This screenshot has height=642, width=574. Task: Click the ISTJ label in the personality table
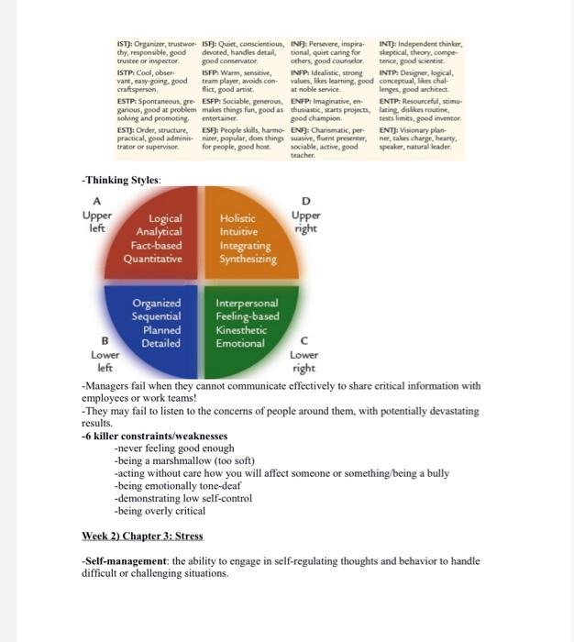126,43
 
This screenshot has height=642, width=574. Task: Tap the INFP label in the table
301,71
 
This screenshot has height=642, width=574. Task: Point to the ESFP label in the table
213,100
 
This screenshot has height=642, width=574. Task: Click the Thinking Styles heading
122,180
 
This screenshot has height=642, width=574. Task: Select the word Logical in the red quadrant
165,218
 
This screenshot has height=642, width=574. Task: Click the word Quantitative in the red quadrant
153,259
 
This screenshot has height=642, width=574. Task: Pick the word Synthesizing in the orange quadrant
248,259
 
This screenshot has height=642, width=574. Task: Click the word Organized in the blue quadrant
156,303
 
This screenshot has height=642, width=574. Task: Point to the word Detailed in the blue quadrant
161,343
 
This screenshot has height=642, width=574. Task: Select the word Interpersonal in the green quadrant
247,303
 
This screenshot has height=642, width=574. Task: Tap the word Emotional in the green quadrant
240,343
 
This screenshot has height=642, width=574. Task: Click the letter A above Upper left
97,201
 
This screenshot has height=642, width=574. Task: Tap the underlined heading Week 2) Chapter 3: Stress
142,536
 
